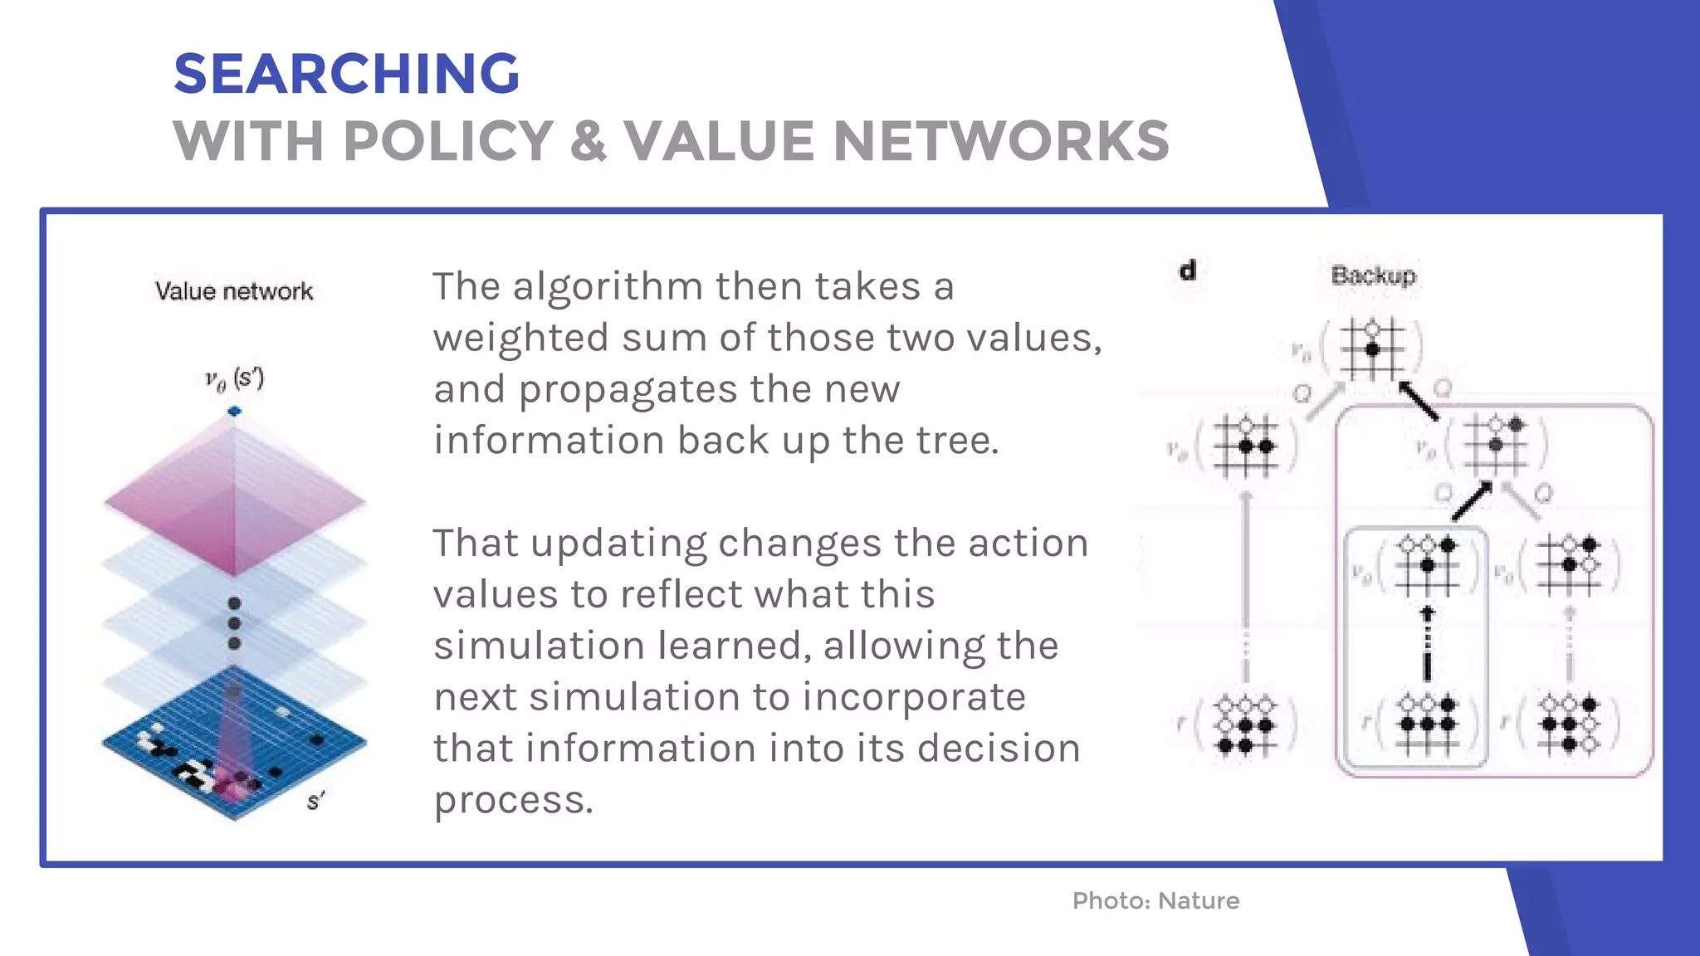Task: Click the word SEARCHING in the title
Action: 346,74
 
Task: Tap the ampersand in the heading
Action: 588,140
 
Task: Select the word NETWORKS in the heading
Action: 1000,140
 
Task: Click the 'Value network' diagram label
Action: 234,291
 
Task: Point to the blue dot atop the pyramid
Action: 234,411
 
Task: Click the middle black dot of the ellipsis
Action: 234,623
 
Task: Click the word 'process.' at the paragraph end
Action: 514,800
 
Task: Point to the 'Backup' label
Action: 1373,276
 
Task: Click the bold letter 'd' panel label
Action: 1188,271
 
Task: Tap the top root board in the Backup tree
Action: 1372,349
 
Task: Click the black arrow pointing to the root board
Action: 1419,401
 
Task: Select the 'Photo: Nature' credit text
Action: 1155,900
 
